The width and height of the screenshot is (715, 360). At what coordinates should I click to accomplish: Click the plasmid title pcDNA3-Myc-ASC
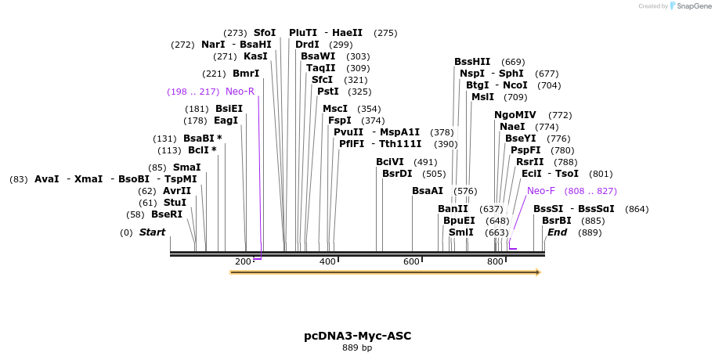[357, 336]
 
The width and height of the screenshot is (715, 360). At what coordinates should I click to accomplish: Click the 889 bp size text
[357, 347]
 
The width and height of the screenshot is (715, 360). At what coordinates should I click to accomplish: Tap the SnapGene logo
[687, 6]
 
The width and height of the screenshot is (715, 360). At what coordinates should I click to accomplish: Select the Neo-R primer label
[240, 92]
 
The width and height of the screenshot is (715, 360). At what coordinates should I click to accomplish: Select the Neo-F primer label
[541, 190]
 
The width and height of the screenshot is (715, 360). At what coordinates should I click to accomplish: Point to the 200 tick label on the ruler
[243, 261]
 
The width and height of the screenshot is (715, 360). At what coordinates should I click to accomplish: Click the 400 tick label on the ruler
[327, 261]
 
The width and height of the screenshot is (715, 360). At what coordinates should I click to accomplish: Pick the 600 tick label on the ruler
[412, 261]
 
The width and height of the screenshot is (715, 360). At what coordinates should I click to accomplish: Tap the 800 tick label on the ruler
[496, 261]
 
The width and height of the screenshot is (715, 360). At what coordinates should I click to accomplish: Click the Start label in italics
[152, 232]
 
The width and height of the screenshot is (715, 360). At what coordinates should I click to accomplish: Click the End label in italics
[557, 232]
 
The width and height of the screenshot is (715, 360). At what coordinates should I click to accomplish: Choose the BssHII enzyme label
[472, 62]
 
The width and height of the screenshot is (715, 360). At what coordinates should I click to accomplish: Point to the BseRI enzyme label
[166, 214]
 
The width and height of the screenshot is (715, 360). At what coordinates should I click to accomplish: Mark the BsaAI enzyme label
[428, 191]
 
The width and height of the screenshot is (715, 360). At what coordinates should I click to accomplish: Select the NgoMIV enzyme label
[515, 115]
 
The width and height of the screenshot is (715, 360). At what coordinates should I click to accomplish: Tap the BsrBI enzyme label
[557, 221]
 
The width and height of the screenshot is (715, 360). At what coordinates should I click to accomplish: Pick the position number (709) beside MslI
[515, 97]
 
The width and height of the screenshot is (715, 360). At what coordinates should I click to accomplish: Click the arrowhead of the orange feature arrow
[537, 272]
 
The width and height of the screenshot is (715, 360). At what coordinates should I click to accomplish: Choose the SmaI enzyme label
[186, 167]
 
